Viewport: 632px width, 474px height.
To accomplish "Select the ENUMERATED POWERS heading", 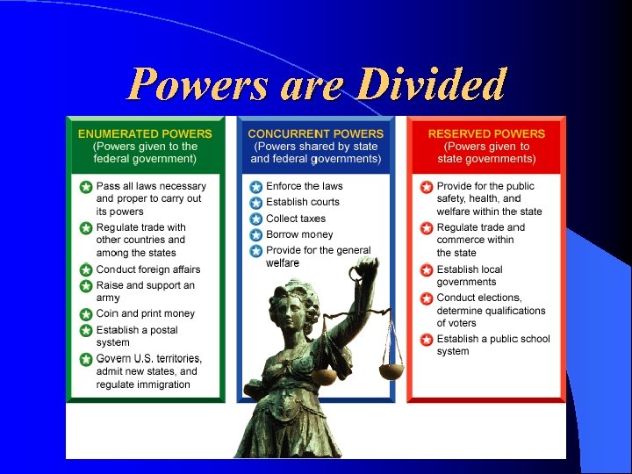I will click(x=145, y=133).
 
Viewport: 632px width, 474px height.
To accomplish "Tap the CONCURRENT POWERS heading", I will click(x=315, y=133).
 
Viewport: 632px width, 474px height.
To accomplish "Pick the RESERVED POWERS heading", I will click(x=486, y=133).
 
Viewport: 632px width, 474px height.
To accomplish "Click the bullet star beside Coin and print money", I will click(x=86, y=314).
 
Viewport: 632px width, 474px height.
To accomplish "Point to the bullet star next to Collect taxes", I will click(x=256, y=219).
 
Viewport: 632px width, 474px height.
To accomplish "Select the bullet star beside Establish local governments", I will click(x=427, y=270).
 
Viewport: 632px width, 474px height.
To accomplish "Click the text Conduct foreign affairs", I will click(x=147, y=269).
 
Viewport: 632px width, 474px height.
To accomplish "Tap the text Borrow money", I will click(x=299, y=234).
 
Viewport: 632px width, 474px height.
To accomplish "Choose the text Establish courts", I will click(x=302, y=203).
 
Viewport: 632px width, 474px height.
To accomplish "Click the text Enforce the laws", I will click(x=304, y=186).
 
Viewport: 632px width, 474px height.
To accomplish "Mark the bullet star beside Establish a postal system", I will click(x=86, y=331).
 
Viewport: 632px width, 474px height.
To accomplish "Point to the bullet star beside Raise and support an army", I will click(x=86, y=286).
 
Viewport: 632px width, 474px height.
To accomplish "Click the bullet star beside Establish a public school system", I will click(x=427, y=340).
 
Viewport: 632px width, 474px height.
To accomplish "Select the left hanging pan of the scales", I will click(x=324, y=374).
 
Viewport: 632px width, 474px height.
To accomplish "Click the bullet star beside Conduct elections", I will click(x=427, y=298).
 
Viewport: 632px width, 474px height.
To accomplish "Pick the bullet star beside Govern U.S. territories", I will click(x=86, y=359).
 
